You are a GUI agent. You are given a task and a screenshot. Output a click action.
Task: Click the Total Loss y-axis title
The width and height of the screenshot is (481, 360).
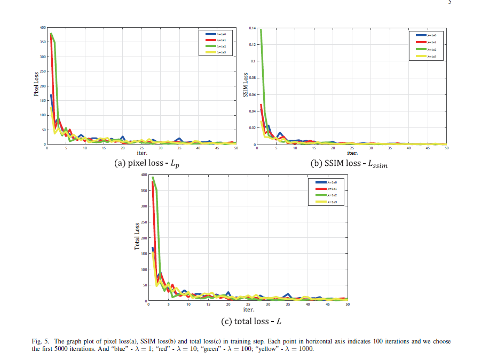[x=137, y=236]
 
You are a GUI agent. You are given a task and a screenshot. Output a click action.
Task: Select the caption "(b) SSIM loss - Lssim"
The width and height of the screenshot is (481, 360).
[x=349, y=164]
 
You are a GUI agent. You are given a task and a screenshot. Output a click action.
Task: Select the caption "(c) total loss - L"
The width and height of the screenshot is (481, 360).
[x=250, y=321]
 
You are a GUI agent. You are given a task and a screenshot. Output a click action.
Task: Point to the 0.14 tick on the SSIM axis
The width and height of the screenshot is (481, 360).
[x=253, y=27]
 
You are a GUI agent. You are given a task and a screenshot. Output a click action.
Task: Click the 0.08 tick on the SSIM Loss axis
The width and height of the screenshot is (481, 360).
[x=253, y=78]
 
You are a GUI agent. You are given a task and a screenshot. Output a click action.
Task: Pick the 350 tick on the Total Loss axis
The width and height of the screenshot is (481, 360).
[x=143, y=190]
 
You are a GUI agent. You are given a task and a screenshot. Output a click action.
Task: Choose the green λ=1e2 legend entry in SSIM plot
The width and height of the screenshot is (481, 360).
[x=425, y=49]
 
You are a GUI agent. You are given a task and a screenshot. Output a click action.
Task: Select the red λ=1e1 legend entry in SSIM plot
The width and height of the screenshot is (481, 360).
[x=425, y=42]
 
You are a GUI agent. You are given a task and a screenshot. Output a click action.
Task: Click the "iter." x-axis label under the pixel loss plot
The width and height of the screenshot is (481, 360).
[x=142, y=153]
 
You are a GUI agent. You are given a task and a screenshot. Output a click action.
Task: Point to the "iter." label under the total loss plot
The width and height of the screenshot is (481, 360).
[x=248, y=309]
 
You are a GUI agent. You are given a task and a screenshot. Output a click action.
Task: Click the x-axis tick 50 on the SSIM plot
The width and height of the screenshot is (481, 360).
[x=446, y=148]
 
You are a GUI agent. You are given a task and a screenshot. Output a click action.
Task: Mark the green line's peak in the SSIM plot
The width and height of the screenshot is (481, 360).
[x=261, y=30]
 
